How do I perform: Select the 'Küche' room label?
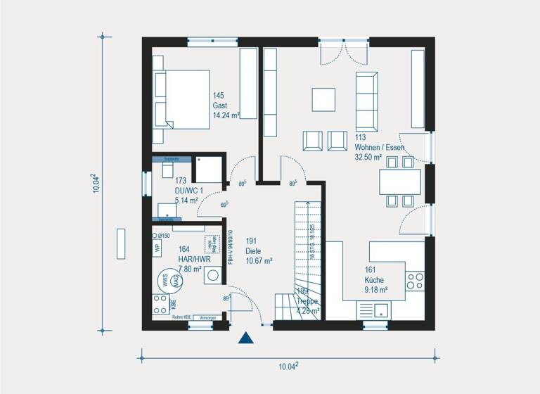(x=374, y=279)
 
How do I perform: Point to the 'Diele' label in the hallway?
(x=254, y=251)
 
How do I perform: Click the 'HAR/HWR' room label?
(x=193, y=258)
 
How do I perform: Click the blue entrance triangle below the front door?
(x=245, y=338)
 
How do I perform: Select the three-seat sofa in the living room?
(x=366, y=99)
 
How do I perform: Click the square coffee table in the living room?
(x=324, y=99)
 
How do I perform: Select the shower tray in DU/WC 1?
(x=208, y=170)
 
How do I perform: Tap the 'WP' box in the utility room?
(x=157, y=248)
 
